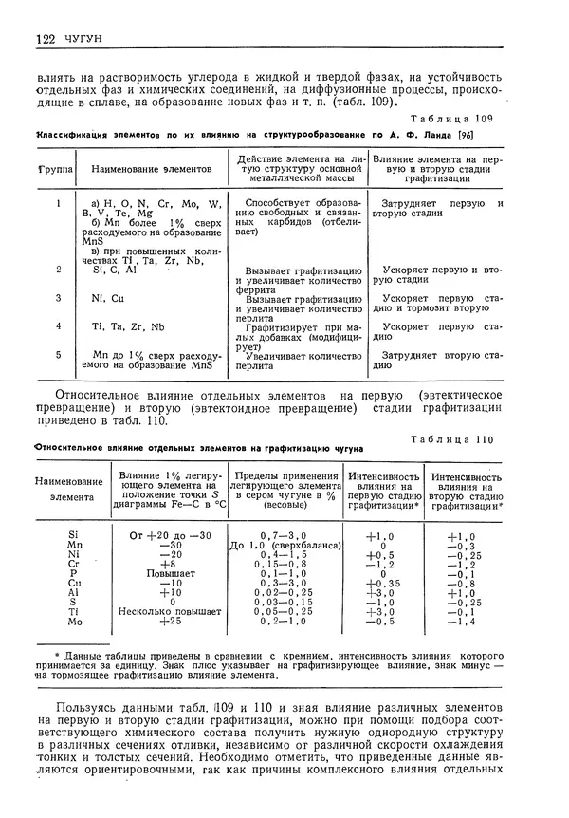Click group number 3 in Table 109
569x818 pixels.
click(x=59, y=298)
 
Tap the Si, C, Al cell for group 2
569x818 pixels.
click(x=117, y=270)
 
